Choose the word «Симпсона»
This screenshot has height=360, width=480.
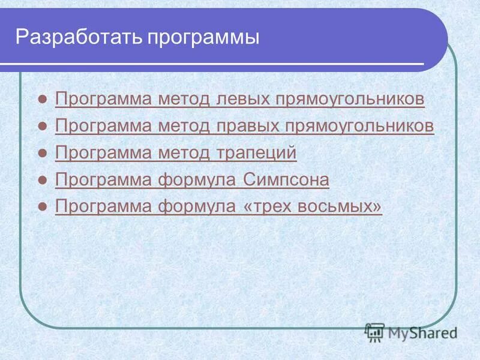tap(286, 180)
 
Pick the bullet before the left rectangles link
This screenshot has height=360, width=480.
tap(42, 100)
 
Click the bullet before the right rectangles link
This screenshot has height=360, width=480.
tap(42, 127)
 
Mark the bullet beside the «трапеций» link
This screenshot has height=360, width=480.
tap(42, 154)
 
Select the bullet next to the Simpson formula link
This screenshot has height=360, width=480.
tap(42, 181)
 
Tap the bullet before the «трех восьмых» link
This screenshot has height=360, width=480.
tap(42, 208)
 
